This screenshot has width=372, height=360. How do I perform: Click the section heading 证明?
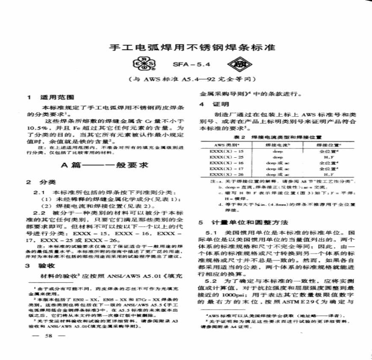220,104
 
